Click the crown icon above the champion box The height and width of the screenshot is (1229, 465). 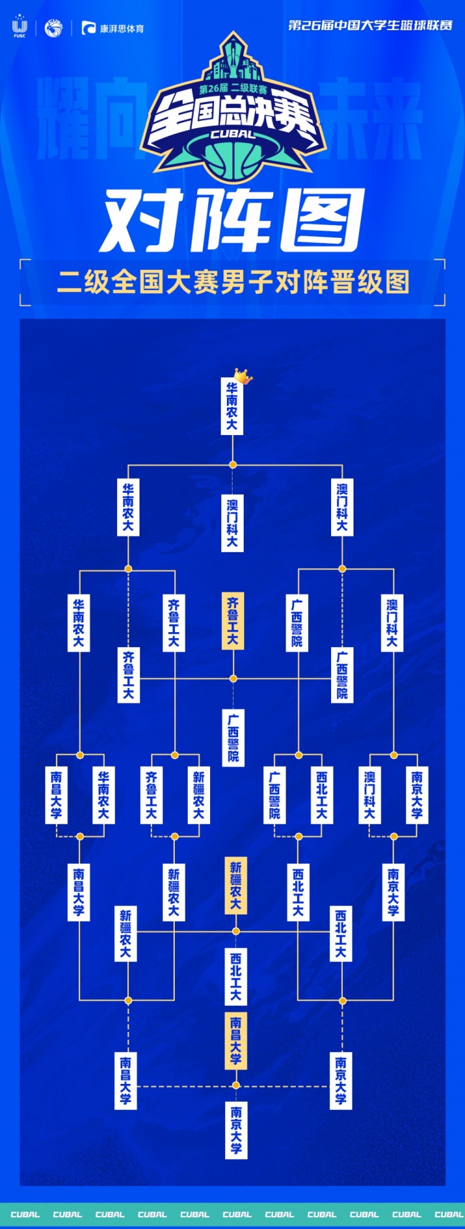243,376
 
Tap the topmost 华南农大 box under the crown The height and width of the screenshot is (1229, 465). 232,407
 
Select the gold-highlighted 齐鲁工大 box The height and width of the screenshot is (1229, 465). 232,621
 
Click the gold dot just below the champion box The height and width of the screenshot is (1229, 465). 233,464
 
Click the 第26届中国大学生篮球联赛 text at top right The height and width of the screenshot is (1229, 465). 371,25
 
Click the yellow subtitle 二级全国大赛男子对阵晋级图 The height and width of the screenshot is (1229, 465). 233,283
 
